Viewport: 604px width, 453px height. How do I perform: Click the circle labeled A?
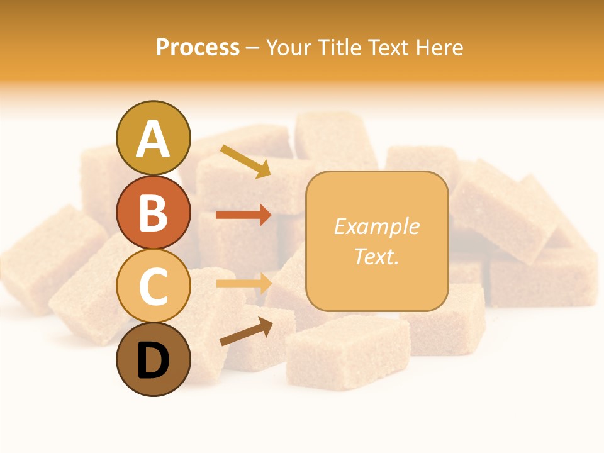pos(153,138)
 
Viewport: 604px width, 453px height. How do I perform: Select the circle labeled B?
pos(153,212)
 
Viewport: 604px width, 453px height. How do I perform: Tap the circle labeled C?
pos(153,286)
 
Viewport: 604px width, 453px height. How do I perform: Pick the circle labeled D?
pos(153,359)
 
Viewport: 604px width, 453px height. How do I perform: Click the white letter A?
pos(153,139)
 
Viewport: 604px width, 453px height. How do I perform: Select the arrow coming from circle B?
pos(243,215)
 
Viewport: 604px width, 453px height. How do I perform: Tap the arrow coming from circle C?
pos(243,284)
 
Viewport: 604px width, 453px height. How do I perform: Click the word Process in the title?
pos(198,48)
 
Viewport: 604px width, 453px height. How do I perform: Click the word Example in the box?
pos(376,226)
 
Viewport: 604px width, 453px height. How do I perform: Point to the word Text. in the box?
pos(376,256)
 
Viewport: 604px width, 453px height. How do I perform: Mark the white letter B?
pos(153,213)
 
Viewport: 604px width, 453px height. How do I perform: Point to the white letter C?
pos(153,286)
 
